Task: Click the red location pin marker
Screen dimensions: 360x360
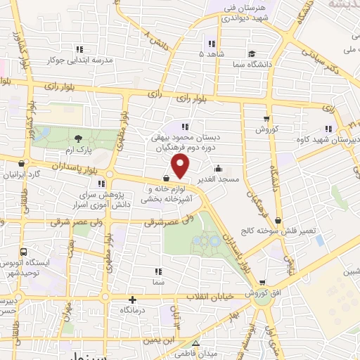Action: (x=181, y=167)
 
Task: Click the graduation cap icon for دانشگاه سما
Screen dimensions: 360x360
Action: (x=252, y=52)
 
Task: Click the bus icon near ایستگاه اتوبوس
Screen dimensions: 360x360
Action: (x=24, y=252)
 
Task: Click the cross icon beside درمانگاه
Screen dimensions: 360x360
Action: (x=131, y=299)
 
